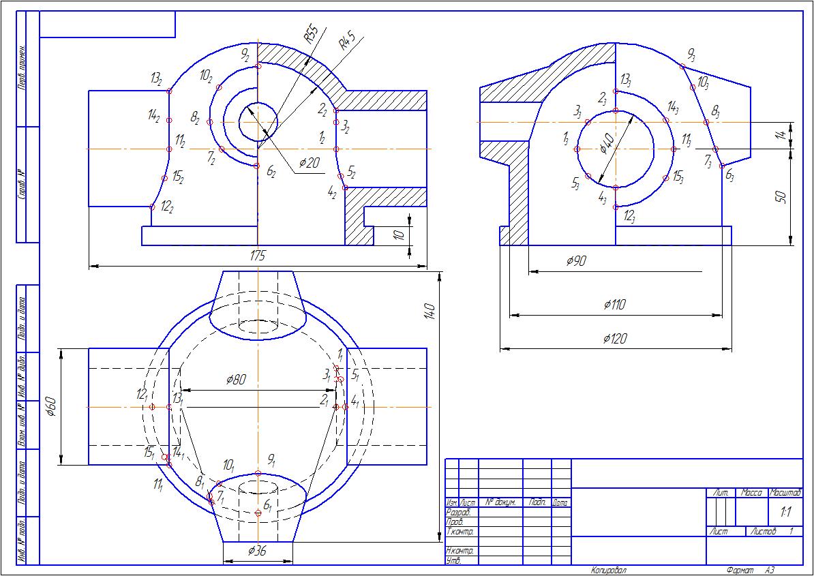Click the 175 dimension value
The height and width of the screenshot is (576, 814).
pos(257,256)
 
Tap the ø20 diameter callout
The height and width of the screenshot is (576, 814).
pos(310,164)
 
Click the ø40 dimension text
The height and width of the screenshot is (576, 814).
pos(608,145)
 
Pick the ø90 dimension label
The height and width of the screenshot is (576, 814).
pos(577,261)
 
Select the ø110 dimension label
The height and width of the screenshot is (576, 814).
pos(614,305)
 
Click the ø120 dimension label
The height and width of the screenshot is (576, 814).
pos(616,339)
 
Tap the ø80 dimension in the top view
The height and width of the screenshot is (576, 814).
pos(236,379)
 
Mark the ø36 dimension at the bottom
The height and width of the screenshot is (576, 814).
pos(257,551)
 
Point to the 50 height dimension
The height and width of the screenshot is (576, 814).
pos(781,198)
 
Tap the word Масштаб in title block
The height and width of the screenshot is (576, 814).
pos(785,492)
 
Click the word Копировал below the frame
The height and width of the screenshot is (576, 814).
pos(608,570)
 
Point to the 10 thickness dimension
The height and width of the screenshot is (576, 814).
pos(400,235)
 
